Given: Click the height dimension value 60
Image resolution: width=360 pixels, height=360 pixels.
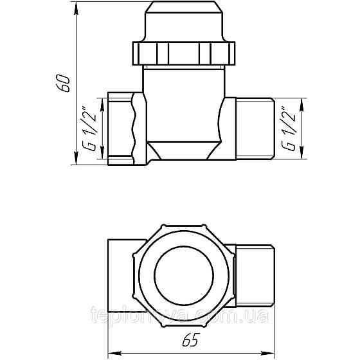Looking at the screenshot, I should pyautogui.click(x=64, y=83).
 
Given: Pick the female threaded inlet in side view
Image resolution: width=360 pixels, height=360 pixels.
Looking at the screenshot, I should pyautogui.click(x=119, y=128).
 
